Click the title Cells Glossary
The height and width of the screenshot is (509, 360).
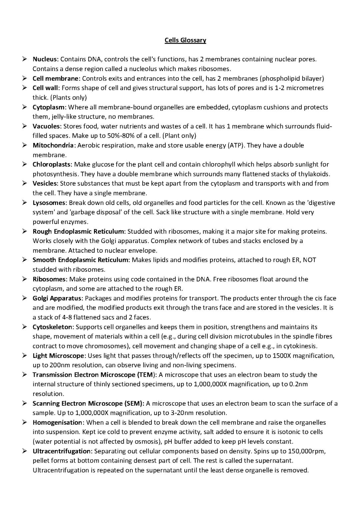pos(185,40)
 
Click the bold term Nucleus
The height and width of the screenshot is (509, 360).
pos(45,59)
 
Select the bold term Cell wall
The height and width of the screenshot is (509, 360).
pos(46,88)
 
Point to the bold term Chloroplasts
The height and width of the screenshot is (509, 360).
pos(52,164)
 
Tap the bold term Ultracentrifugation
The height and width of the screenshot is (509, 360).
pos(62,451)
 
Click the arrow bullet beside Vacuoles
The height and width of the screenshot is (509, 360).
pos(25,126)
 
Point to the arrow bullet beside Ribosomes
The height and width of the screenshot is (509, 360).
pos(25,279)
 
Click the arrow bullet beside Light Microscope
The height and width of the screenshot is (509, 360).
pos(25,356)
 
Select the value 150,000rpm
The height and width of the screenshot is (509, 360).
pos(306,451)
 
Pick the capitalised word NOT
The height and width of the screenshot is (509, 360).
pos(309,260)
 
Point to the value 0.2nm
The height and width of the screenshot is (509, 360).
pos(298,384)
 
